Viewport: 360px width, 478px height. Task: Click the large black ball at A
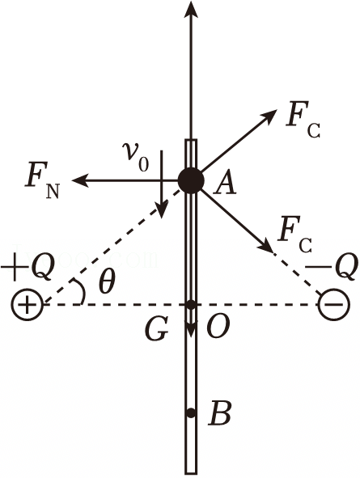tap(191, 181)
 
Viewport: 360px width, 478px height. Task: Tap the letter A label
tap(225, 184)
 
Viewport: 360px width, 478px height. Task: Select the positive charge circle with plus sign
tap(28, 305)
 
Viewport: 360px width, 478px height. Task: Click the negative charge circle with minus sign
tap(333, 305)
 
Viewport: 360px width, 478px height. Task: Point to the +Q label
tap(28, 269)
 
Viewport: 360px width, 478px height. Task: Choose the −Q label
tap(332, 267)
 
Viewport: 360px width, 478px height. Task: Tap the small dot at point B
tap(191, 413)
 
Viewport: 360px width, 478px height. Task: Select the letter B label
tap(219, 414)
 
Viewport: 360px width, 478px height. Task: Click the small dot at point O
tap(191, 305)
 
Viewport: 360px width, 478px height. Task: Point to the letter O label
tap(218, 327)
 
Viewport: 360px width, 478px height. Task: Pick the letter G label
tap(157, 329)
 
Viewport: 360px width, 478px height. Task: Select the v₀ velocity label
tap(135, 156)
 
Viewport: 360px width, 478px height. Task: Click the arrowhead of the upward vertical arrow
tap(191, 9)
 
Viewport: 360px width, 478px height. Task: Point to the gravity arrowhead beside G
tap(191, 329)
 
